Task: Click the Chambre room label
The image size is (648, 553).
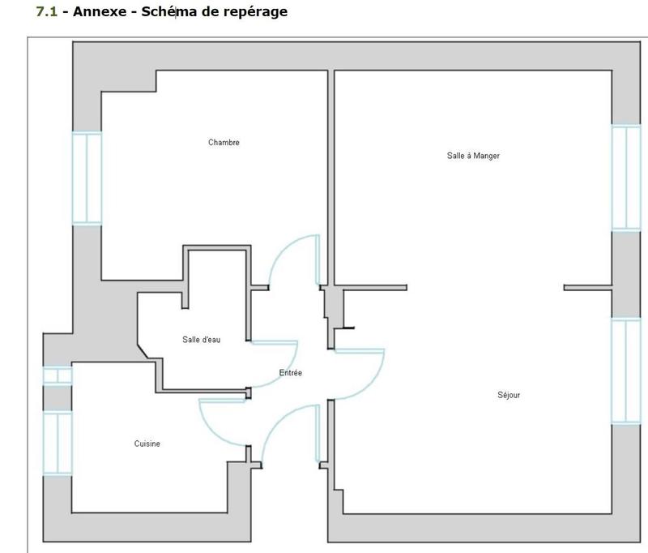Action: click(x=224, y=143)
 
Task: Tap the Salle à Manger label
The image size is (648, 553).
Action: click(x=473, y=156)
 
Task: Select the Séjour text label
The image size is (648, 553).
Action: click(x=509, y=396)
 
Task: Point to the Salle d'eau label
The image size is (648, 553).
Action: click(x=201, y=340)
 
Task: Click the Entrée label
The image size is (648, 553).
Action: click(x=290, y=373)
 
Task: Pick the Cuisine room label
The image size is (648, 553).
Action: click(x=147, y=444)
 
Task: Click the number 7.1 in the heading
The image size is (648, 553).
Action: click(x=47, y=12)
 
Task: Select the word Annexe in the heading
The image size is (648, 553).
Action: click(x=95, y=12)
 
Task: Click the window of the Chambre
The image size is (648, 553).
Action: click(x=87, y=178)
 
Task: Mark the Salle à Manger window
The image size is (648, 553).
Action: click(x=625, y=178)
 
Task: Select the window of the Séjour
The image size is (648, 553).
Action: click(x=625, y=371)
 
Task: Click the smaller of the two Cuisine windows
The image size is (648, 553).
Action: click(x=58, y=376)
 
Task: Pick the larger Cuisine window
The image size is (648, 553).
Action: click(x=58, y=443)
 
